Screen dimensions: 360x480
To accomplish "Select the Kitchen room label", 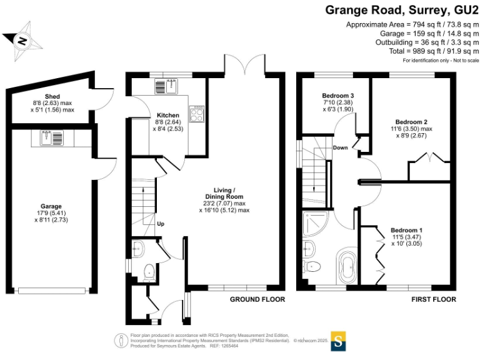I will [x=168, y=116].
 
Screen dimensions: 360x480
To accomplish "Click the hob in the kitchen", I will [x=197, y=113].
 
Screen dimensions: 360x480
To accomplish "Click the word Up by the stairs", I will [x=161, y=224].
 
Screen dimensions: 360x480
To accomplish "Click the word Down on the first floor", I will [x=341, y=148].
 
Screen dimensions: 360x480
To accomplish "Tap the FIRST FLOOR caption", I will [x=433, y=300].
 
